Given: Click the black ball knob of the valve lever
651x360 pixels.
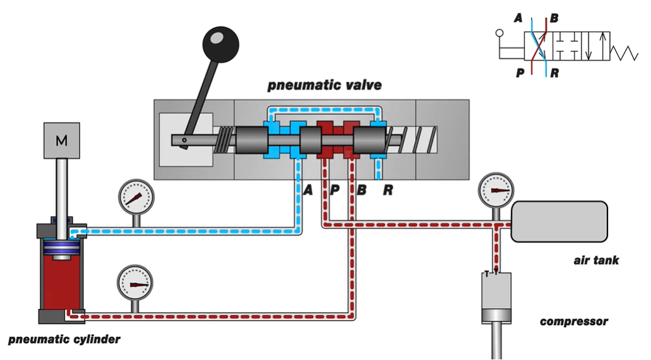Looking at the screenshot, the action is click(x=220, y=44).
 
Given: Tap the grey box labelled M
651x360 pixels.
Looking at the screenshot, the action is click(x=62, y=140).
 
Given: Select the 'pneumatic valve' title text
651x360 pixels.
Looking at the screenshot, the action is click(x=325, y=85).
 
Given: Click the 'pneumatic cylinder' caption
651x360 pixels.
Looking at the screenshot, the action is click(x=64, y=339).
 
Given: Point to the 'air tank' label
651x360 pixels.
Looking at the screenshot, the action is click(x=596, y=260).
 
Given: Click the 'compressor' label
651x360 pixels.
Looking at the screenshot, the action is click(x=574, y=321).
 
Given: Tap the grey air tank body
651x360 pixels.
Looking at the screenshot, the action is click(x=559, y=221).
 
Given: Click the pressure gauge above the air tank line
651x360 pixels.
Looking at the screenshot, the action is click(x=496, y=191).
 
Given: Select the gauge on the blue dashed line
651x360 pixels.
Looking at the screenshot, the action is click(x=136, y=197).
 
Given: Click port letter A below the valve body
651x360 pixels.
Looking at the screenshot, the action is click(x=308, y=190).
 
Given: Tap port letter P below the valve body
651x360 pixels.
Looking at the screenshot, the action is click(x=335, y=190).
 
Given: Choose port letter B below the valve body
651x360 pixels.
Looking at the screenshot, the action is click(x=362, y=190).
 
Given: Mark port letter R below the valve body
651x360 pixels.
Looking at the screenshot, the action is click(x=388, y=190).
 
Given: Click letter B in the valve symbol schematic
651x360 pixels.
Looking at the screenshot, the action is click(x=554, y=18).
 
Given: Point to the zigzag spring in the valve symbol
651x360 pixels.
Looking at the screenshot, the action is click(x=624, y=52).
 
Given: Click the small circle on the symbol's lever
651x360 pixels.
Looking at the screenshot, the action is click(x=499, y=33).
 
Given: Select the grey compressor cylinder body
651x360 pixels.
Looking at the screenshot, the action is click(x=496, y=297).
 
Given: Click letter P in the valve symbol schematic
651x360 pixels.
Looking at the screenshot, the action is click(x=520, y=73).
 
